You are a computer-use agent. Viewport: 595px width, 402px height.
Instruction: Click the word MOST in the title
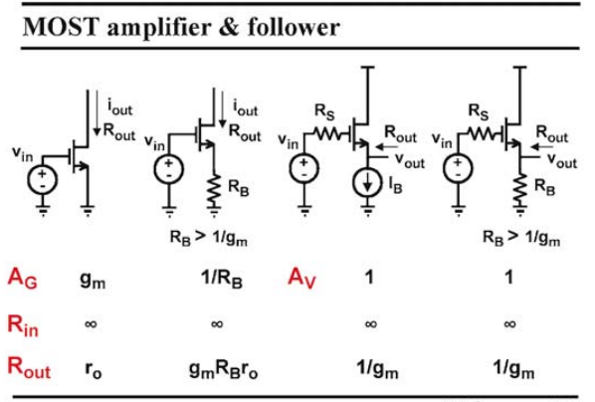[x=62, y=27]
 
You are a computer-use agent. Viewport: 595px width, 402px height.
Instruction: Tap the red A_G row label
[x=23, y=279]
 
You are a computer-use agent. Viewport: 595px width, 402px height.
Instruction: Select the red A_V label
[x=301, y=279]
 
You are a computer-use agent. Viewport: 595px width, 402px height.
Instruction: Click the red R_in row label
[x=23, y=325]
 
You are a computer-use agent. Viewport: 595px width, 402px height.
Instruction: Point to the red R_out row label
[x=29, y=368]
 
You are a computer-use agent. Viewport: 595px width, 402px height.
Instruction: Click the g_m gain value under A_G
[x=93, y=281]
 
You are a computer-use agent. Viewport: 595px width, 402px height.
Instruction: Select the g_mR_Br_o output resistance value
[x=224, y=370]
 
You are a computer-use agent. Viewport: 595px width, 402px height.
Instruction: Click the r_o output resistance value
[x=94, y=370]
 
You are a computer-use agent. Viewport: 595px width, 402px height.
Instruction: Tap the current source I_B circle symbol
[x=367, y=183]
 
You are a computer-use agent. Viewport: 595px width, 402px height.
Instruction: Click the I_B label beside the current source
[x=395, y=185]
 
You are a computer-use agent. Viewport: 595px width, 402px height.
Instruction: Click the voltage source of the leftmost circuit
[x=43, y=179]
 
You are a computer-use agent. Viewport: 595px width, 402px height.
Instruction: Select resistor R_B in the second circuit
[x=214, y=190]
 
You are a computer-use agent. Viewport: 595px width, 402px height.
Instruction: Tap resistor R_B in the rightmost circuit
[x=519, y=190]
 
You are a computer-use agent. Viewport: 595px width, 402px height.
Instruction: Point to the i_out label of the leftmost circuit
[x=120, y=106]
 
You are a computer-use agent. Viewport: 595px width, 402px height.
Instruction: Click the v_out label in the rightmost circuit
[x=561, y=160]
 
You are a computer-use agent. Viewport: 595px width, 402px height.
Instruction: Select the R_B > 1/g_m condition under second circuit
[x=208, y=238]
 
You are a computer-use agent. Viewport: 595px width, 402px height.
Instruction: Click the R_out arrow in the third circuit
[x=385, y=147]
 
